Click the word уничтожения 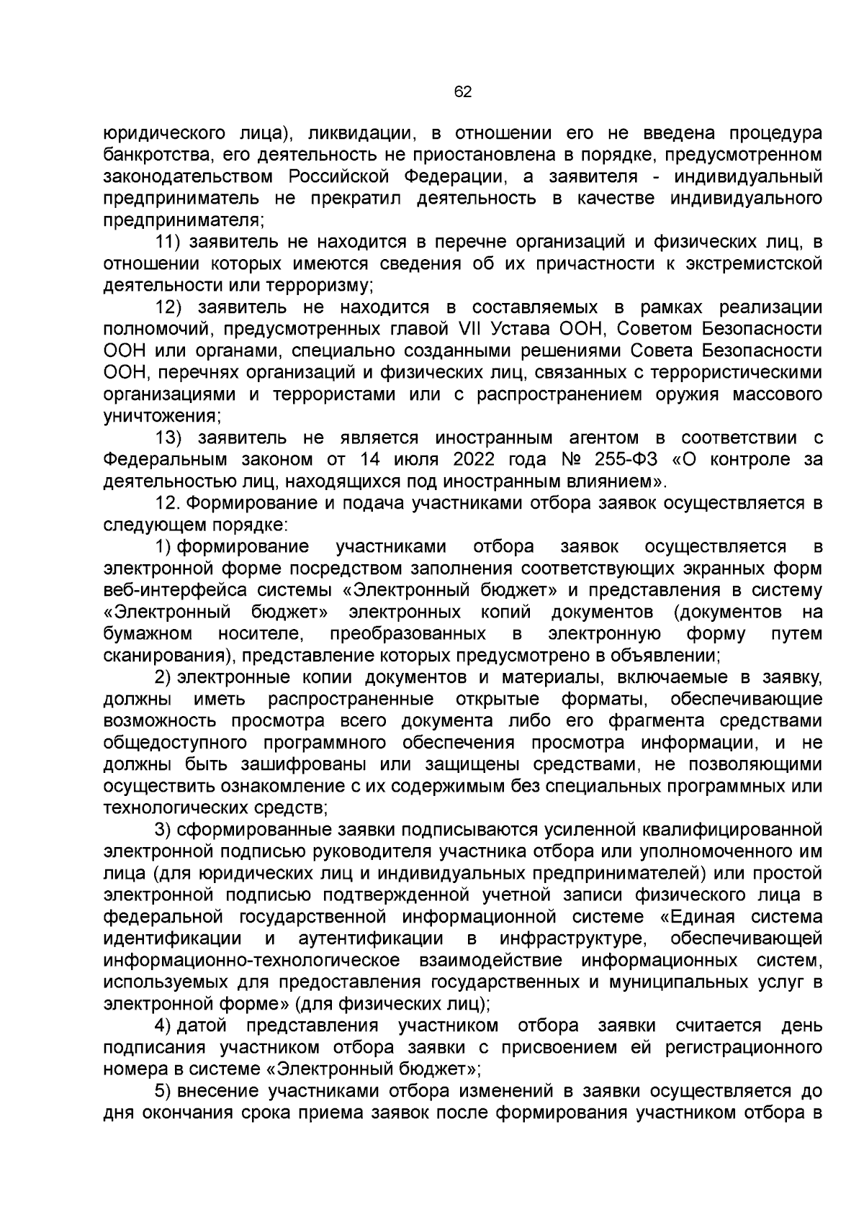(162, 417)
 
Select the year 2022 (479, 460)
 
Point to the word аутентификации (370, 939)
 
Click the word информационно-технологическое (252, 961)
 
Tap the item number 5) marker (163, 1092)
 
